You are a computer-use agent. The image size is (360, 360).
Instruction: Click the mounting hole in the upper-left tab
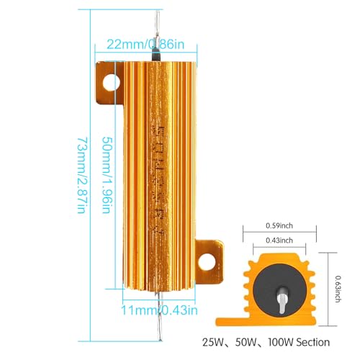click(x=110, y=81)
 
